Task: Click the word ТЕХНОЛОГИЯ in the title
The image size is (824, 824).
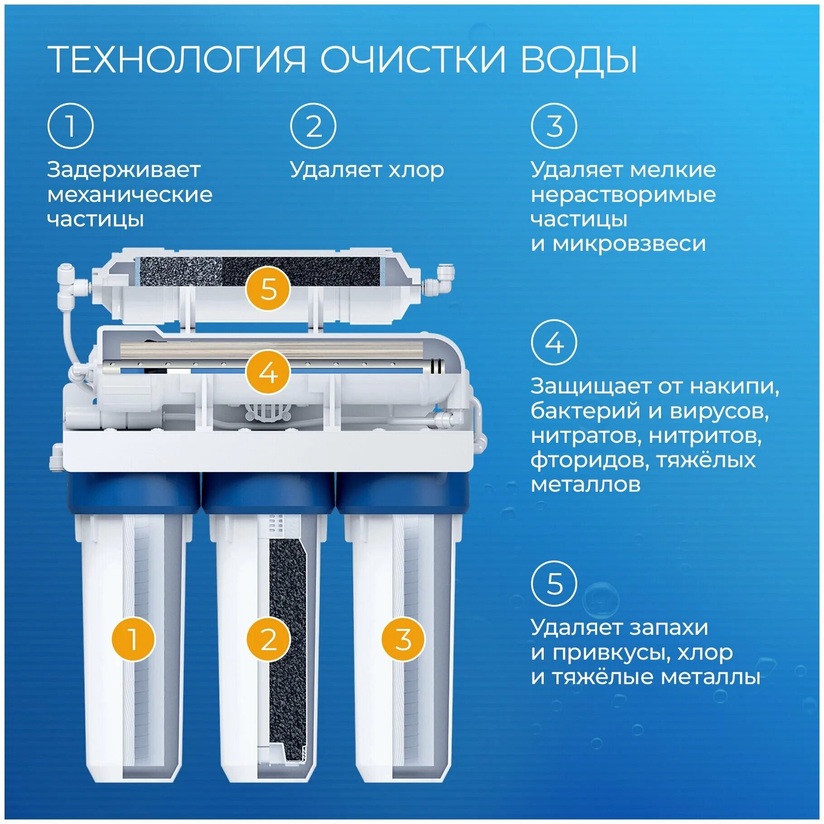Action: click(177, 59)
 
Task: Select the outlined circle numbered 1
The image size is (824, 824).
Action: click(70, 126)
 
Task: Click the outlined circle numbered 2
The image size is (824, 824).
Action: click(313, 126)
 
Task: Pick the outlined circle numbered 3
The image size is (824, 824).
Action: click(554, 126)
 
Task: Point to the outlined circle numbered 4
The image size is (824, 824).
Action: click(554, 343)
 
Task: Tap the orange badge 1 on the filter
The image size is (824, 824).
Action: click(133, 639)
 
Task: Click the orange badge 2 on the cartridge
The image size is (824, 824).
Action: click(268, 639)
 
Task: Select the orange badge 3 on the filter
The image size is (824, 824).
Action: click(403, 639)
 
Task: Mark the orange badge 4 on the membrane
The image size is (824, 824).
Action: click(268, 373)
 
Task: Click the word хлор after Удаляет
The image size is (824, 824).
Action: click(416, 171)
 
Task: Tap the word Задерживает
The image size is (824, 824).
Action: click(124, 170)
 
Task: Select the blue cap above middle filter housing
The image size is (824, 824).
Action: click(268, 493)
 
